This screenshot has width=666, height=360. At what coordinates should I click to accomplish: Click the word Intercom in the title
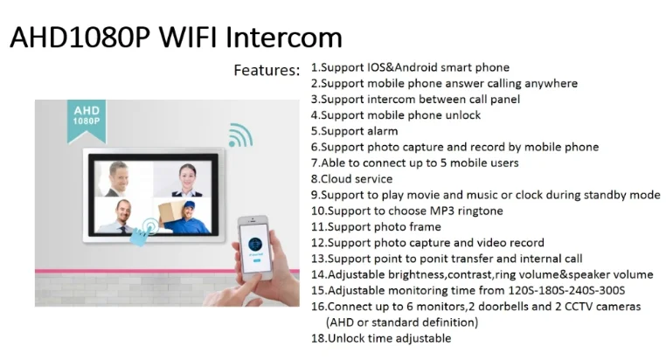[284, 38]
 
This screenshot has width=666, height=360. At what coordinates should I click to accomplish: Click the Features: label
[267, 70]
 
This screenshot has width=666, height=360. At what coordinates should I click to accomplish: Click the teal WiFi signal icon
[241, 135]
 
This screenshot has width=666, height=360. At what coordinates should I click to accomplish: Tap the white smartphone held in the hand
[255, 248]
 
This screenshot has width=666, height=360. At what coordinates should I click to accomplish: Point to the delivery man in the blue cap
[186, 218]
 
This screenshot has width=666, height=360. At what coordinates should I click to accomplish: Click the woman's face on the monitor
[188, 175]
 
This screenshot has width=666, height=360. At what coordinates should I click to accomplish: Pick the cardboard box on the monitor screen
[172, 211]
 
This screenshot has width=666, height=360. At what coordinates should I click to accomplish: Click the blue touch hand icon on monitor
[143, 232]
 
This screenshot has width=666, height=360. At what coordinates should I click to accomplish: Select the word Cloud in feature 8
[336, 179]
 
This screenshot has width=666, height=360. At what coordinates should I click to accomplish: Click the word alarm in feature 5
[383, 131]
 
